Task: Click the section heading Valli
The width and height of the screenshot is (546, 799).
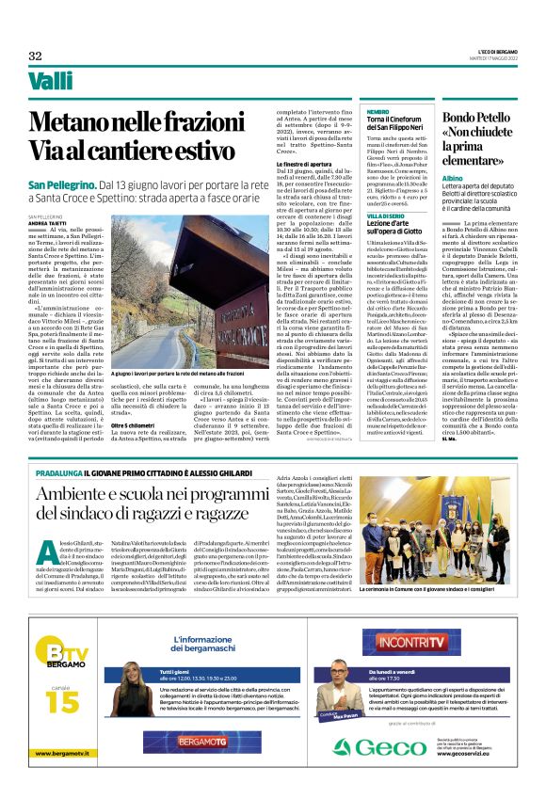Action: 51,82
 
